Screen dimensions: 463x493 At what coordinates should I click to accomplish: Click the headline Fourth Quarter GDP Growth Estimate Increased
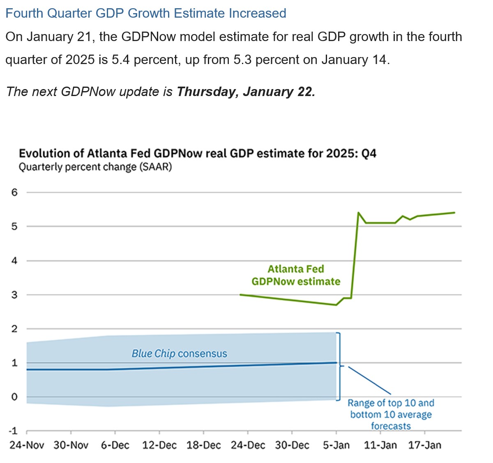[x=146, y=13]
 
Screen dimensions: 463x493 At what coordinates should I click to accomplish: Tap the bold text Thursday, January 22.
[x=246, y=92]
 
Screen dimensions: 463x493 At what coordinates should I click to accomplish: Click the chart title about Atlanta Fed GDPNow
[x=197, y=154]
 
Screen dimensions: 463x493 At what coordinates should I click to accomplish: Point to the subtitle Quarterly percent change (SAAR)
[x=95, y=167]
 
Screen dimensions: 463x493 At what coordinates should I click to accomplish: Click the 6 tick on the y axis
[x=15, y=192]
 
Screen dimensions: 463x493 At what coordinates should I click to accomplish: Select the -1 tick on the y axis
[x=13, y=431]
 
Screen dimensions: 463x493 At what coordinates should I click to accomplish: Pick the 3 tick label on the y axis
[x=15, y=295]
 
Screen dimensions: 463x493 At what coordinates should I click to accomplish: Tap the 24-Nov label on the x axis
[x=27, y=445]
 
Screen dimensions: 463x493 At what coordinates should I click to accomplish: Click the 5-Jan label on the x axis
[x=336, y=445]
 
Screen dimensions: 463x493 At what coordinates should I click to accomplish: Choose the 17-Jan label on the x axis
[x=424, y=445]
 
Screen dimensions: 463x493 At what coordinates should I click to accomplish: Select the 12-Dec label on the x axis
[x=159, y=445]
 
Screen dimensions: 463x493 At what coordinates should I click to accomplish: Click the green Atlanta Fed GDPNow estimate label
[x=296, y=275]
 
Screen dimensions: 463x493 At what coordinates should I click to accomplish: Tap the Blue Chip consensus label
[x=179, y=353]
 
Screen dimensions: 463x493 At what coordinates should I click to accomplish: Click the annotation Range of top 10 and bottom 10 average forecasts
[x=391, y=415]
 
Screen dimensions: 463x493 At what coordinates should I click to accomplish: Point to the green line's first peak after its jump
[x=359, y=213]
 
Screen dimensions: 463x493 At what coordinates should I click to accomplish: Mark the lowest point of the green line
[x=336, y=305]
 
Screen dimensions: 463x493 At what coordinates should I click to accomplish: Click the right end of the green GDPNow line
[x=454, y=213]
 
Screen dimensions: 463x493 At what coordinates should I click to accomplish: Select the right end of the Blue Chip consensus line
[x=336, y=362]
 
